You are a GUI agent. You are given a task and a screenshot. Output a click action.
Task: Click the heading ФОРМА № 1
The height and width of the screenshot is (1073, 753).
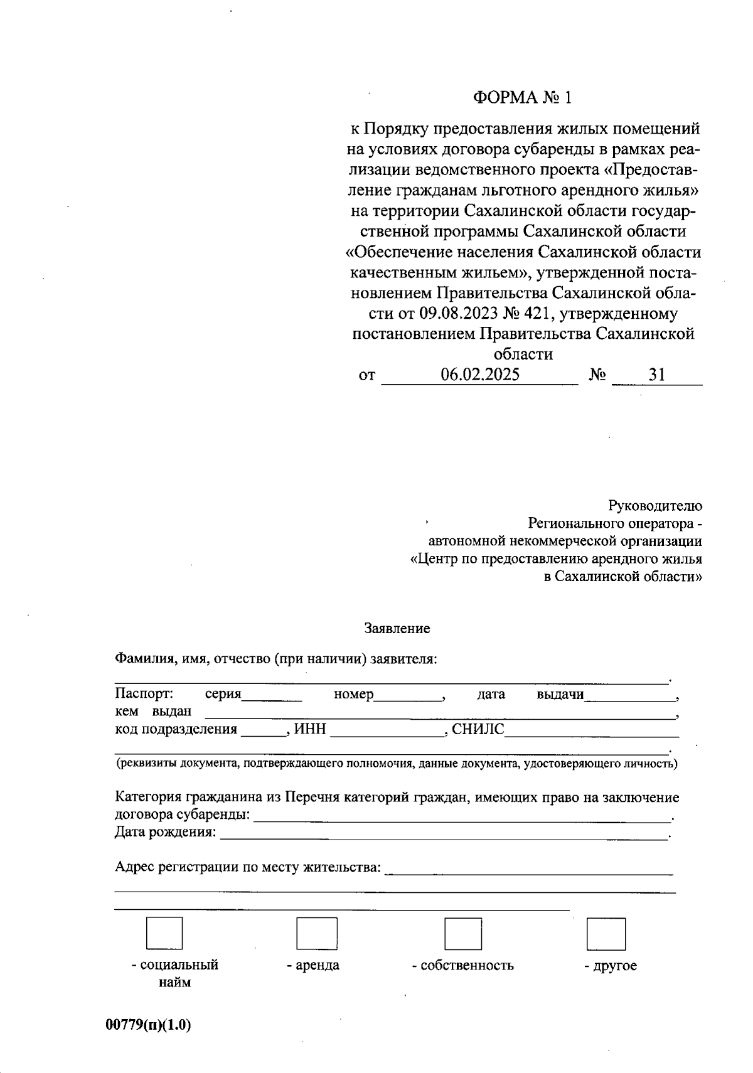523,98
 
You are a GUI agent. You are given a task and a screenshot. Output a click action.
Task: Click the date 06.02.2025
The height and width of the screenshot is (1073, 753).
480,375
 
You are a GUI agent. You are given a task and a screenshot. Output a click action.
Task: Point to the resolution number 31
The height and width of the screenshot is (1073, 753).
657,375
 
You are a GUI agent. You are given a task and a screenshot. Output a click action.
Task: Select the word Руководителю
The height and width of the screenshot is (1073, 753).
655,506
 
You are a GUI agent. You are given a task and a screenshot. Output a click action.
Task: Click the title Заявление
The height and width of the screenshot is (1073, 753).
397,628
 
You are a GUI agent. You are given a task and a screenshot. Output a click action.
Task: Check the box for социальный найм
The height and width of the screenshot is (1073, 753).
164,933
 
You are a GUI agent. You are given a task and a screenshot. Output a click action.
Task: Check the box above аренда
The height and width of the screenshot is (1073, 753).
316,933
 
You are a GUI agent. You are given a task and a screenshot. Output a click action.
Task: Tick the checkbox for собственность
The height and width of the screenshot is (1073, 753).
463,933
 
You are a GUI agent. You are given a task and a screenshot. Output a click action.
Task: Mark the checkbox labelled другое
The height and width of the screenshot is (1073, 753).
606,934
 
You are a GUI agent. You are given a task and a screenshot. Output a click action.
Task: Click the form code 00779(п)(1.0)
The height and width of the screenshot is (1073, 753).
148,1025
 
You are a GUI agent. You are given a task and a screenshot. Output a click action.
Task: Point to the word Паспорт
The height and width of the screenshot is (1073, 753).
144,694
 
